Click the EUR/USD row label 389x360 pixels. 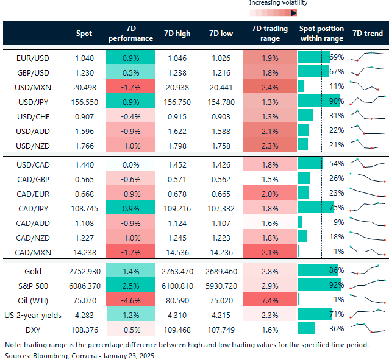click(33, 58)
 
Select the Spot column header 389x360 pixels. click(84, 34)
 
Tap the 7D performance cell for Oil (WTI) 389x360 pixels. click(130, 300)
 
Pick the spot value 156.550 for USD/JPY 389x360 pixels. click(85, 102)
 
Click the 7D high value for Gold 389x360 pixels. click(177, 272)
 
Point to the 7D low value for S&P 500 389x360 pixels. click(221, 286)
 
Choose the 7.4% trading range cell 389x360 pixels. click(270, 300)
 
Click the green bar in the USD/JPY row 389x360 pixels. click(319, 101)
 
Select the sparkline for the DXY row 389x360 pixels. click(368, 328)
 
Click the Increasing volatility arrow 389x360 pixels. click(271, 13)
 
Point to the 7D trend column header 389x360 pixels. click(368, 34)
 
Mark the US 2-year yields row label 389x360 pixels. click(33, 316)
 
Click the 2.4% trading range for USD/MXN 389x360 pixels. click(270, 88)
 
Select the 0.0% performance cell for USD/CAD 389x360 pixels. click(130, 165)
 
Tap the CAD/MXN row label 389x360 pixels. click(33, 253)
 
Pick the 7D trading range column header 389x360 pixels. click(270, 34)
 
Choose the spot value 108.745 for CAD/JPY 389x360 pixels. click(85, 209)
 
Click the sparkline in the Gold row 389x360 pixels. click(368, 269)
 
